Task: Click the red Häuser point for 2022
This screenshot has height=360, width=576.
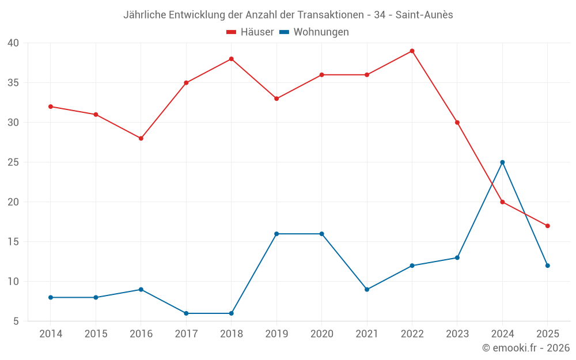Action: click(x=412, y=51)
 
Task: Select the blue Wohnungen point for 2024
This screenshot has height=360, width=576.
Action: click(x=502, y=162)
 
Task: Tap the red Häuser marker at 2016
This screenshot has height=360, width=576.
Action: click(x=141, y=138)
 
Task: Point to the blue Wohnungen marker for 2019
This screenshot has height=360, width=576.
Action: click(x=276, y=234)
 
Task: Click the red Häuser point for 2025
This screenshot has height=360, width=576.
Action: click(x=548, y=226)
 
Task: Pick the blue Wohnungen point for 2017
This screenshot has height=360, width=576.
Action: click(x=186, y=313)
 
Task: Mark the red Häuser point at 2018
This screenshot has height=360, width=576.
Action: click(x=231, y=59)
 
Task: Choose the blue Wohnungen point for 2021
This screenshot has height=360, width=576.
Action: click(x=367, y=290)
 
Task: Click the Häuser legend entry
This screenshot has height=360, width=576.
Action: click(x=250, y=32)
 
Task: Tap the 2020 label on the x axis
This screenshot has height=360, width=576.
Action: click(x=321, y=334)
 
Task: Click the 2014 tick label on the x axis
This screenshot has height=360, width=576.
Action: click(x=51, y=334)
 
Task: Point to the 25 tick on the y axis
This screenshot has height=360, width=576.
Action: click(x=13, y=162)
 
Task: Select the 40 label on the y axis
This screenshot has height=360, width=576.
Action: click(x=13, y=43)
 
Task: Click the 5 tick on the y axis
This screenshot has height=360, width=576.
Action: click(x=16, y=321)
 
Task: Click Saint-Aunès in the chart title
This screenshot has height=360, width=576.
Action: click(x=424, y=15)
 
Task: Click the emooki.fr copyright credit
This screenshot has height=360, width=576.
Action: click(x=525, y=348)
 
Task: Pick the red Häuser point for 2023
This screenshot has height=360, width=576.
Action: click(x=457, y=123)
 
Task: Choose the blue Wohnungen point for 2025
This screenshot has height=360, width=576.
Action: click(x=548, y=266)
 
